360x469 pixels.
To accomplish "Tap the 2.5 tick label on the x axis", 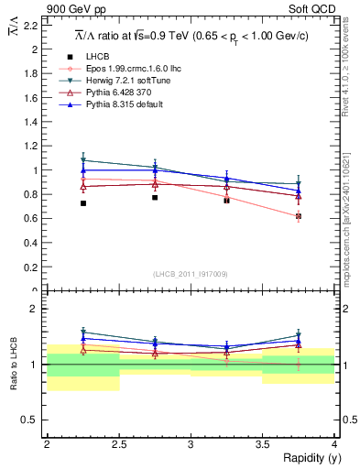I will click(118, 444).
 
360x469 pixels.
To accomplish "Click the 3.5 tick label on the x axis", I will click(262, 444).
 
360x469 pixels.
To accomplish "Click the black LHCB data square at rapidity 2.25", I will click(82, 203).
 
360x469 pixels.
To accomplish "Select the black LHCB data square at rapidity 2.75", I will click(155, 197).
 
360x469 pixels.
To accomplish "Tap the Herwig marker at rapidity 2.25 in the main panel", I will click(82, 160).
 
